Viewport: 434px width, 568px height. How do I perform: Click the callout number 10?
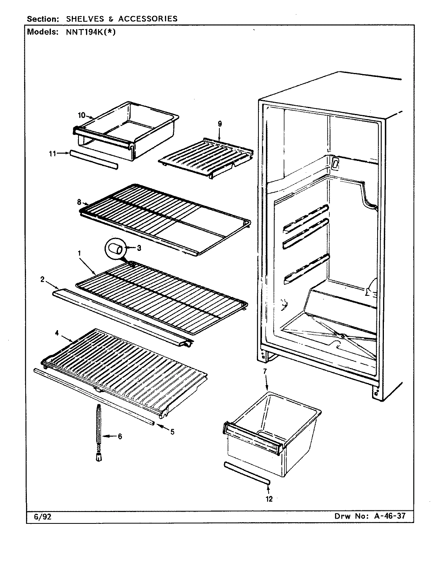81,115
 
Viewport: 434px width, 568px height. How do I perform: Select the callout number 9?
220,124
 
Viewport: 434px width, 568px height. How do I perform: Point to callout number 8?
79,202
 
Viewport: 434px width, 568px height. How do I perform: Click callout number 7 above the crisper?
265,371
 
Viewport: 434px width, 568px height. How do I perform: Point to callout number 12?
269,499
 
